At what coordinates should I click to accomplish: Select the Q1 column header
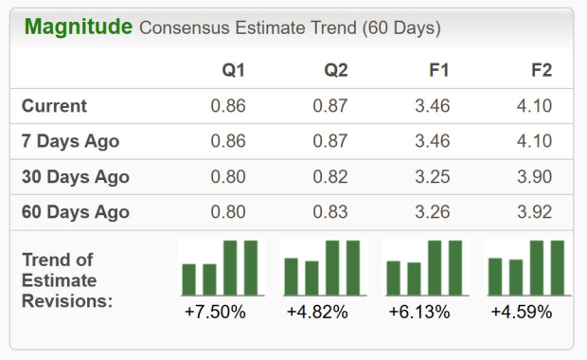pyautogui.click(x=233, y=71)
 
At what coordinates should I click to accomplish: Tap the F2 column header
pyautogui.click(x=542, y=71)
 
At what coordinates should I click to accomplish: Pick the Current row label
pyautogui.click(x=54, y=106)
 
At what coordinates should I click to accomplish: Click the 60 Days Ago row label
pyautogui.click(x=76, y=212)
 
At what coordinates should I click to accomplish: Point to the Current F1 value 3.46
pyautogui.click(x=432, y=106)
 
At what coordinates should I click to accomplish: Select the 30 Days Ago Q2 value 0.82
pyautogui.click(x=330, y=177)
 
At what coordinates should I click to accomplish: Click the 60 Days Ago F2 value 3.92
pyautogui.click(x=534, y=212)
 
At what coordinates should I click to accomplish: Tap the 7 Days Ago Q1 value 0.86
pyautogui.click(x=228, y=142)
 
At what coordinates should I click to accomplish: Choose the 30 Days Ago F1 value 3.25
pyautogui.click(x=432, y=177)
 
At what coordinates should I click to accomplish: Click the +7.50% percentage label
pyautogui.click(x=218, y=311)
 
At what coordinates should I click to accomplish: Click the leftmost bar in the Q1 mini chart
pyautogui.click(x=188, y=279)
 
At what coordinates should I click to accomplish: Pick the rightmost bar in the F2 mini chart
pyautogui.click(x=557, y=268)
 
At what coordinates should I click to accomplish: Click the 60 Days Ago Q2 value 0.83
pyautogui.click(x=330, y=212)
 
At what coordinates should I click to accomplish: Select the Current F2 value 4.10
pyautogui.click(x=534, y=106)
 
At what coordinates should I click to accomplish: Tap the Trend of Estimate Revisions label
pyautogui.click(x=66, y=280)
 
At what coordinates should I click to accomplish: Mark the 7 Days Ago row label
pyautogui.click(x=71, y=142)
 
